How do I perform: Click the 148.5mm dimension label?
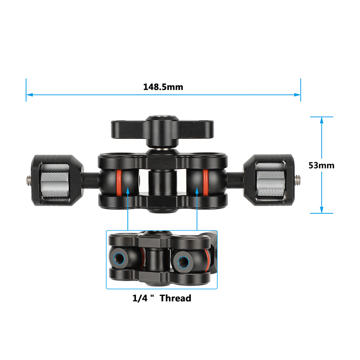[x=163, y=87]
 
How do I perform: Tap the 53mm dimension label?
[x=321, y=165]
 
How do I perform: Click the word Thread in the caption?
[x=175, y=298]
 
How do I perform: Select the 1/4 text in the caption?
[x=140, y=298]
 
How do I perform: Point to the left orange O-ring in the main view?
[x=119, y=183]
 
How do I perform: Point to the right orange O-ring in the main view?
[x=206, y=183]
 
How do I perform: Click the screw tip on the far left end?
[x=28, y=180]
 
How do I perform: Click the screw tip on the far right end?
[x=297, y=179]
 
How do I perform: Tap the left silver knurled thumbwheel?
[x=55, y=180]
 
